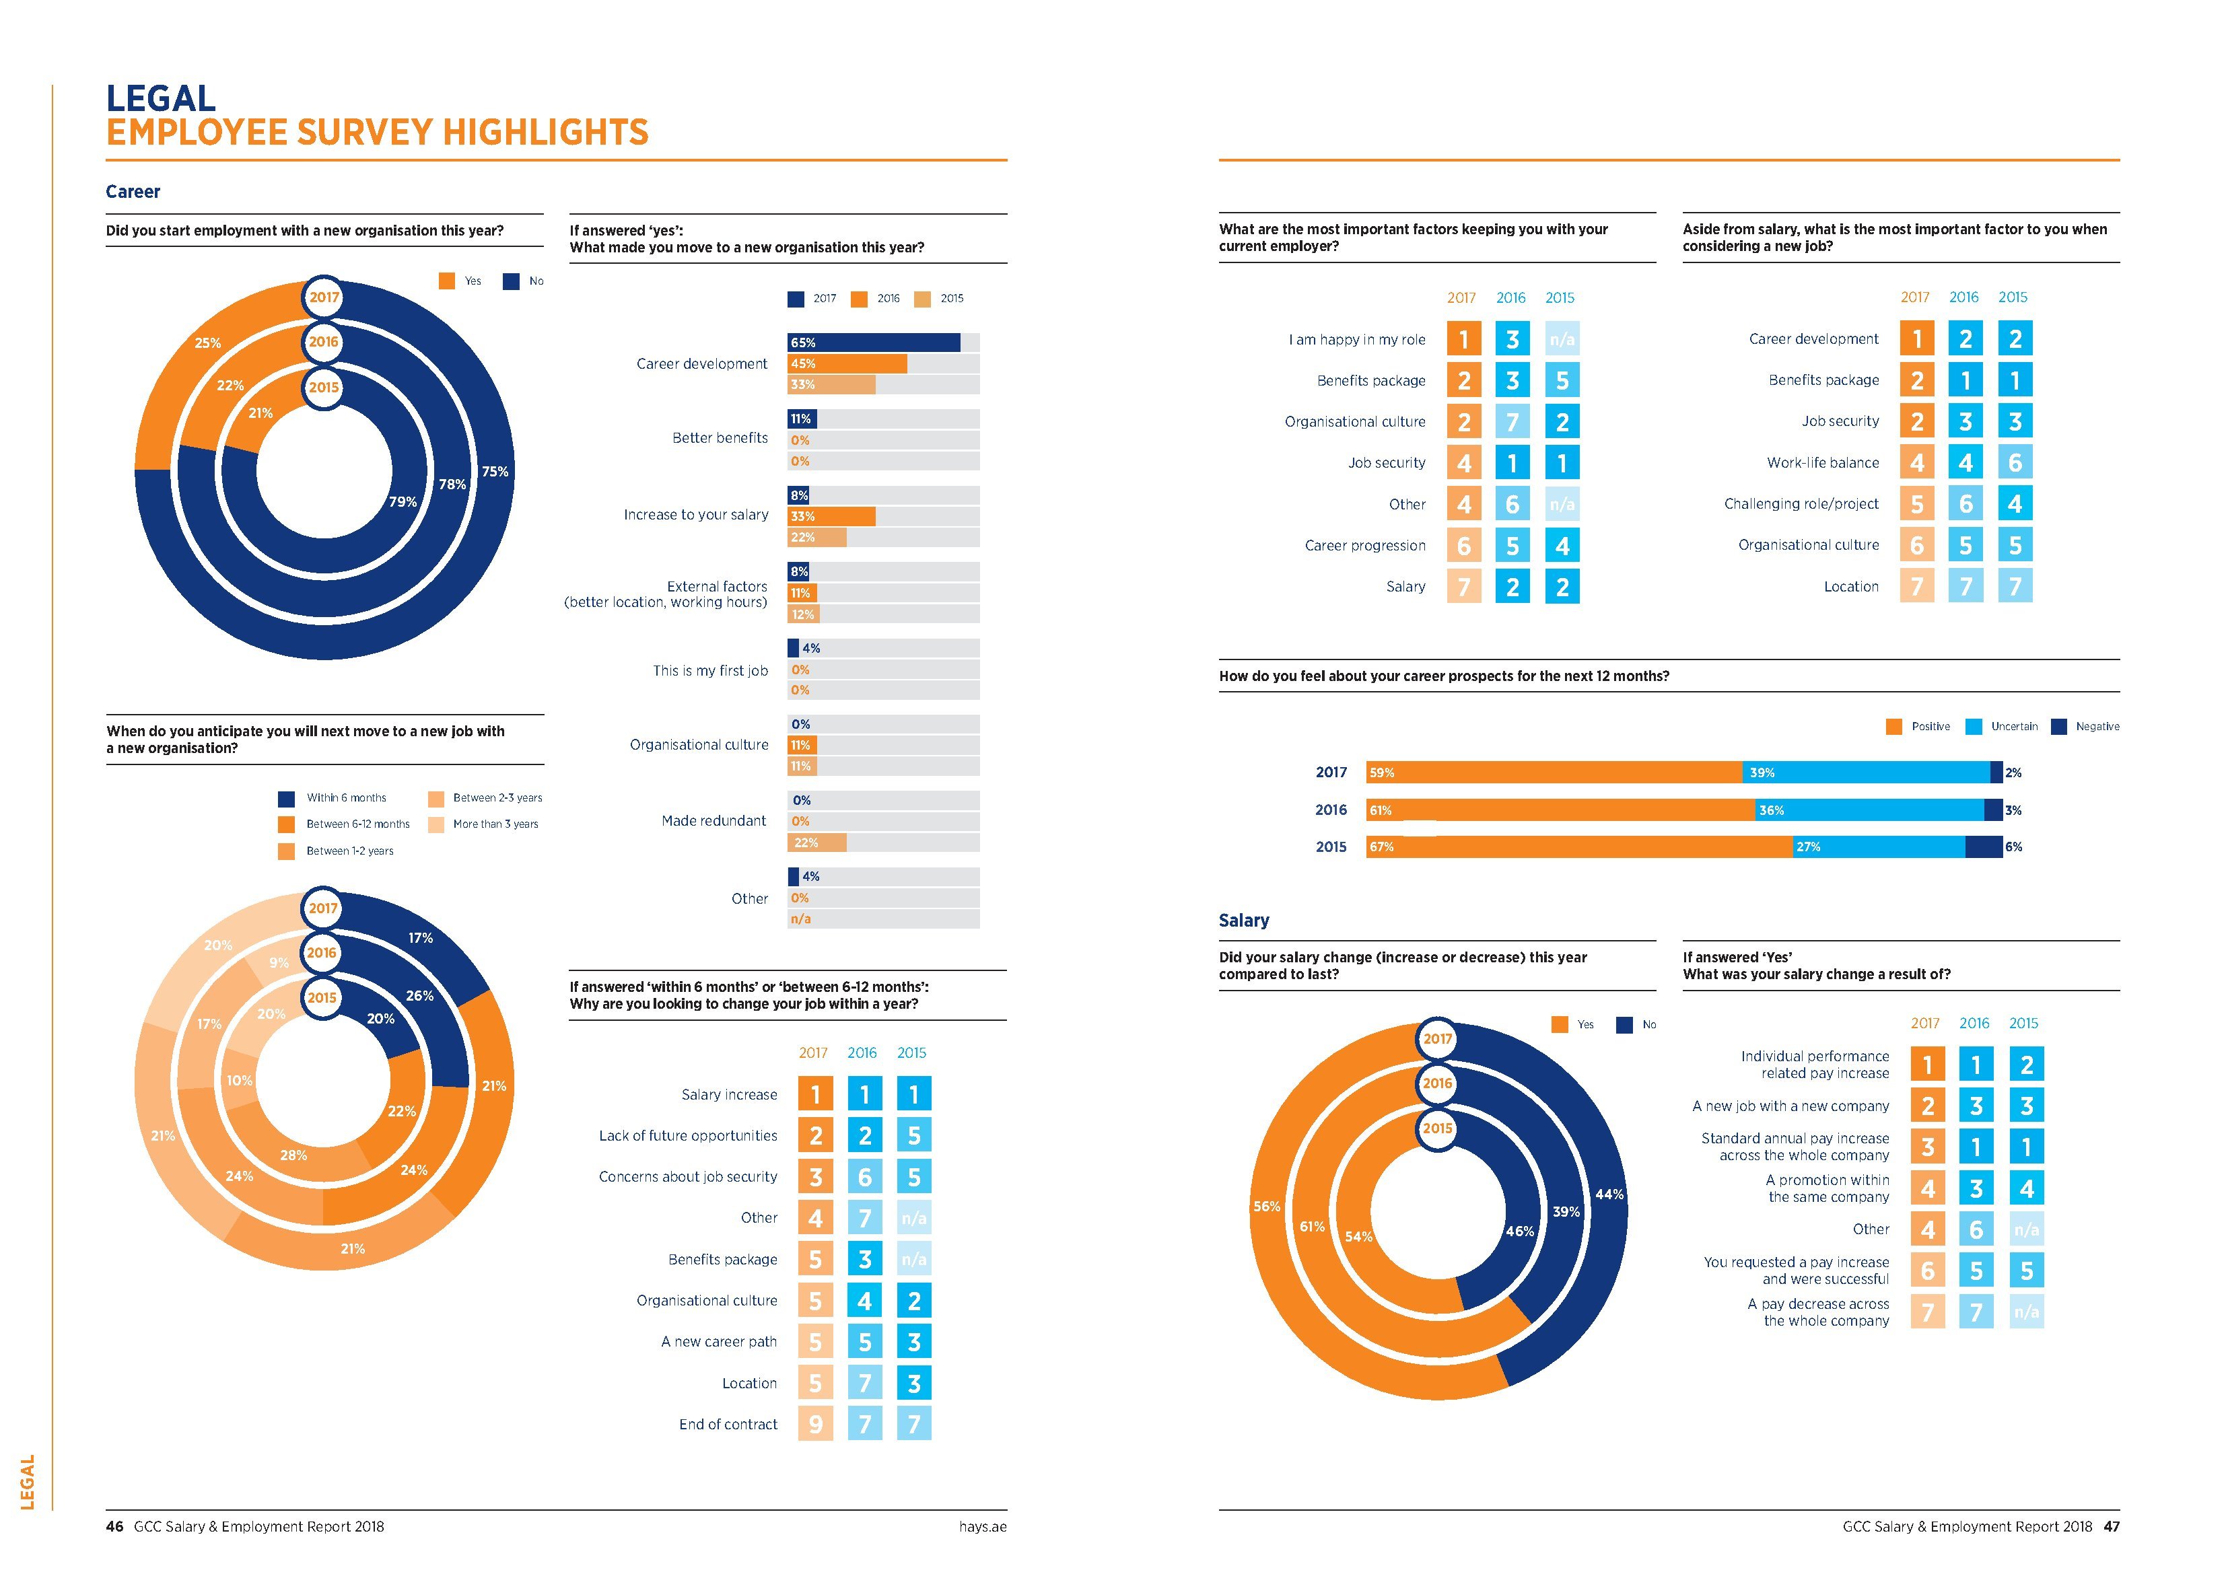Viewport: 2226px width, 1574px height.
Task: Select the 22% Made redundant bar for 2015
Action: click(x=816, y=843)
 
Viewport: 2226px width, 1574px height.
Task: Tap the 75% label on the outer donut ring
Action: click(x=495, y=472)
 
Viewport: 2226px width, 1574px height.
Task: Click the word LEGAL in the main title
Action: click(x=161, y=99)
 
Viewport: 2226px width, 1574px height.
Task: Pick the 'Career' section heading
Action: click(x=133, y=192)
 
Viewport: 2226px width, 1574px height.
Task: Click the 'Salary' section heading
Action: click(x=1244, y=921)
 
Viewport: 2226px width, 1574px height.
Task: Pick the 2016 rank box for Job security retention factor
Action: click(x=1512, y=463)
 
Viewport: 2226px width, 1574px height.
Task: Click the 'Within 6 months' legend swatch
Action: click(x=286, y=799)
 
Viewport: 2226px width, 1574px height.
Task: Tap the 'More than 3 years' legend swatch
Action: click(x=436, y=825)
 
